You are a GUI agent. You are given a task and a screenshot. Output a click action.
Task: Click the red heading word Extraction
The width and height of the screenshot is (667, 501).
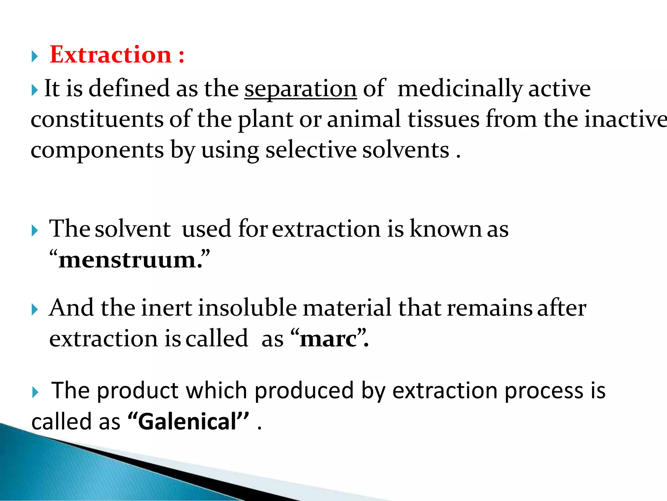pyautogui.click(x=111, y=55)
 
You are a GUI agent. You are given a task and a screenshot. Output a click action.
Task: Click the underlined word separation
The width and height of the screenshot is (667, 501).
pyautogui.click(x=301, y=89)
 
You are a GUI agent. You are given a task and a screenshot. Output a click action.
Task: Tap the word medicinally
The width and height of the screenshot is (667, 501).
pyautogui.click(x=460, y=89)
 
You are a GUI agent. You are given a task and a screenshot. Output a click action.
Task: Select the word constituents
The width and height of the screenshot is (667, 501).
pyautogui.click(x=97, y=119)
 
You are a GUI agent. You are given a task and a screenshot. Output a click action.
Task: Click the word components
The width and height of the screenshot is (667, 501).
pyautogui.click(x=97, y=150)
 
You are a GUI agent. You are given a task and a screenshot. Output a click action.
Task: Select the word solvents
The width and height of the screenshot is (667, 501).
pyautogui.click(x=406, y=150)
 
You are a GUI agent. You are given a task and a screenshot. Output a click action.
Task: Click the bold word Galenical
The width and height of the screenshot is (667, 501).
pyautogui.click(x=187, y=421)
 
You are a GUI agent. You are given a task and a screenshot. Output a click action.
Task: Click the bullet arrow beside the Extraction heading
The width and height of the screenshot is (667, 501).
pyautogui.click(x=35, y=57)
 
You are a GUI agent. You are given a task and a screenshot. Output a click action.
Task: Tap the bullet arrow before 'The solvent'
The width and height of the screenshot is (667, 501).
pyautogui.click(x=35, y=231)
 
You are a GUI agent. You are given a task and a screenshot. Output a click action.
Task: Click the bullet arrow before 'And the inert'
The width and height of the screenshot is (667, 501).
pyautogui.click(x=35, y=310)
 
